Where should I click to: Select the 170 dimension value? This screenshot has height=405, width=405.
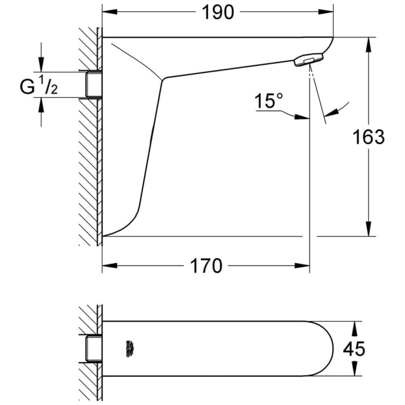207,266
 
